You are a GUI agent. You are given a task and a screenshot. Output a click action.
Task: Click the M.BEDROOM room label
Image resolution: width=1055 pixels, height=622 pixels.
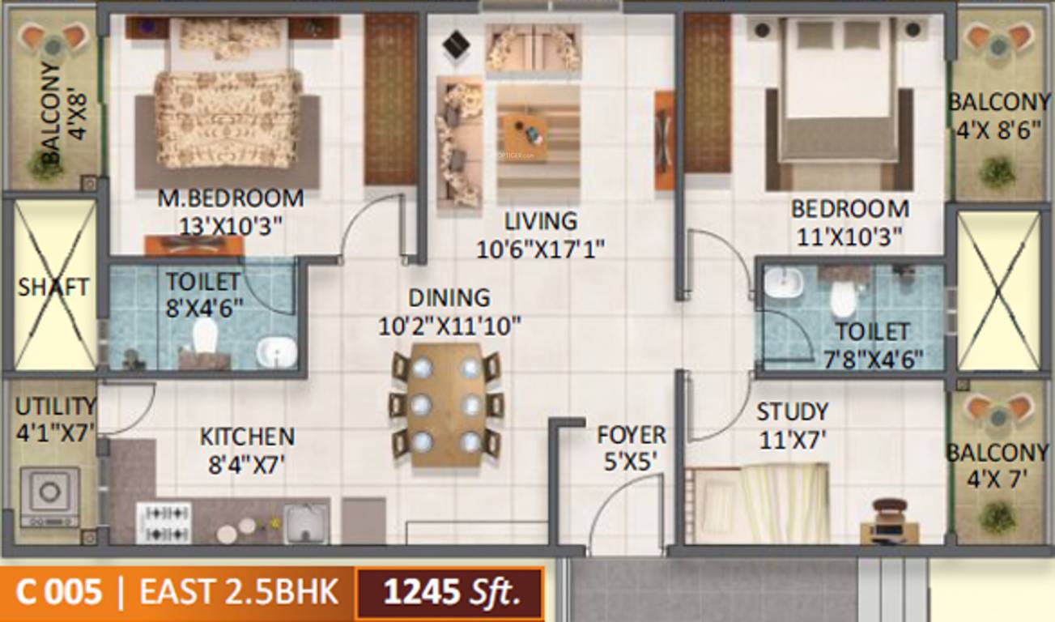[x=230, y=198]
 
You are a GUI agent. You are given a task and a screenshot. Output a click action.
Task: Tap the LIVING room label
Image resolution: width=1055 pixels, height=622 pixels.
[x=541, y=221]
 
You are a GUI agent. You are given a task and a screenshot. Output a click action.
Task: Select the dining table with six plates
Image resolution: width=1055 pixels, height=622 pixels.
[x=447, y=405]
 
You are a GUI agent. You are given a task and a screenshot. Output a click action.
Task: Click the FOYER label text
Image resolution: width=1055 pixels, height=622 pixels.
[x=632, y=435]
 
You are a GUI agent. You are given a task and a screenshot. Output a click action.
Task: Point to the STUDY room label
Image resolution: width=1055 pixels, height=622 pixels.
[x=792, y=412]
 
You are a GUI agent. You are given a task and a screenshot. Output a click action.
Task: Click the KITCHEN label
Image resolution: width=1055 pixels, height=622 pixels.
[x=247, y=437]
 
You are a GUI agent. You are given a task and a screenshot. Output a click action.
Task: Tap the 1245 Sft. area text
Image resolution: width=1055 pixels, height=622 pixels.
[x=452, y=592]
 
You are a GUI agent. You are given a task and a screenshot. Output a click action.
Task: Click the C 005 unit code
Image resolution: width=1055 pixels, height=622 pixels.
[x=59, y=592]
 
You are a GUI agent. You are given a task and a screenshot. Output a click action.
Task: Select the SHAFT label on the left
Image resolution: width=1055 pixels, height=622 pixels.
[x=53, y=288]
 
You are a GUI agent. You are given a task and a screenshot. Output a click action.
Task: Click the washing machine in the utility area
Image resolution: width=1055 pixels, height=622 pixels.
[x=49, y=496]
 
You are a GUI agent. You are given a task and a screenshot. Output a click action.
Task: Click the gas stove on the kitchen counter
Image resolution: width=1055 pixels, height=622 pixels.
[x=164, y=522]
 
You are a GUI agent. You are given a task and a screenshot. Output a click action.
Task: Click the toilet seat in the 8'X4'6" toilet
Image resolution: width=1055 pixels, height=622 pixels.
[x=206, y=334]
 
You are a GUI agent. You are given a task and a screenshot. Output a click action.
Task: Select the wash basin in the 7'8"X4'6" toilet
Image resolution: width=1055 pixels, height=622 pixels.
[x=782, y=283]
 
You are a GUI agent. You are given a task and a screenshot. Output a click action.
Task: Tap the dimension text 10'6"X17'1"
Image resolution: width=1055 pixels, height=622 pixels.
[x=541, y=249]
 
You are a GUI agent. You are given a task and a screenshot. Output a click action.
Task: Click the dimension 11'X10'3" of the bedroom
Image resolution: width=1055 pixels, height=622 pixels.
[x=849, y=237]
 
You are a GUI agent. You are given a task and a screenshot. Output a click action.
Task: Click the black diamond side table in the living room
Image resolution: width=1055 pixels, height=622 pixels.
[x=456, y=45]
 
